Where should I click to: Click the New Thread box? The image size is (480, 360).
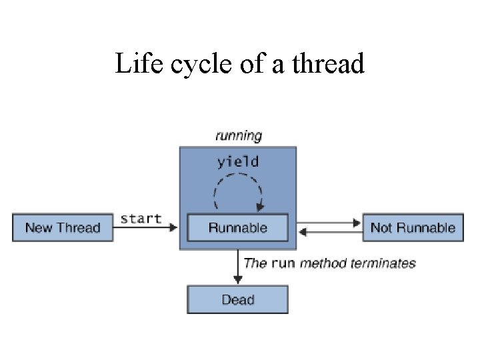point(63,227)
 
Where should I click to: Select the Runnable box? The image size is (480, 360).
point(237,227)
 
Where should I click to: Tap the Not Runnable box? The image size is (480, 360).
point(413,227)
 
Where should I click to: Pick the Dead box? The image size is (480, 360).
point(237,300)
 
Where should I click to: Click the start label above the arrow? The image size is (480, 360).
point(141,218)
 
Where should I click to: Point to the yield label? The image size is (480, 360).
point(238,161)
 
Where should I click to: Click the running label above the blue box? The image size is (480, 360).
point(238,135)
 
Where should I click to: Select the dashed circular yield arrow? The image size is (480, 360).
point(238,191)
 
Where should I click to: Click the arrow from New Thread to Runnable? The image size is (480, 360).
point(147,227)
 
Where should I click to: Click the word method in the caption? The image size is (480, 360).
point(321,263)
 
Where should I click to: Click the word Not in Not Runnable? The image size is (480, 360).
point(381,227)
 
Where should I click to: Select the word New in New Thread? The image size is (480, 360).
point(39,227)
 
